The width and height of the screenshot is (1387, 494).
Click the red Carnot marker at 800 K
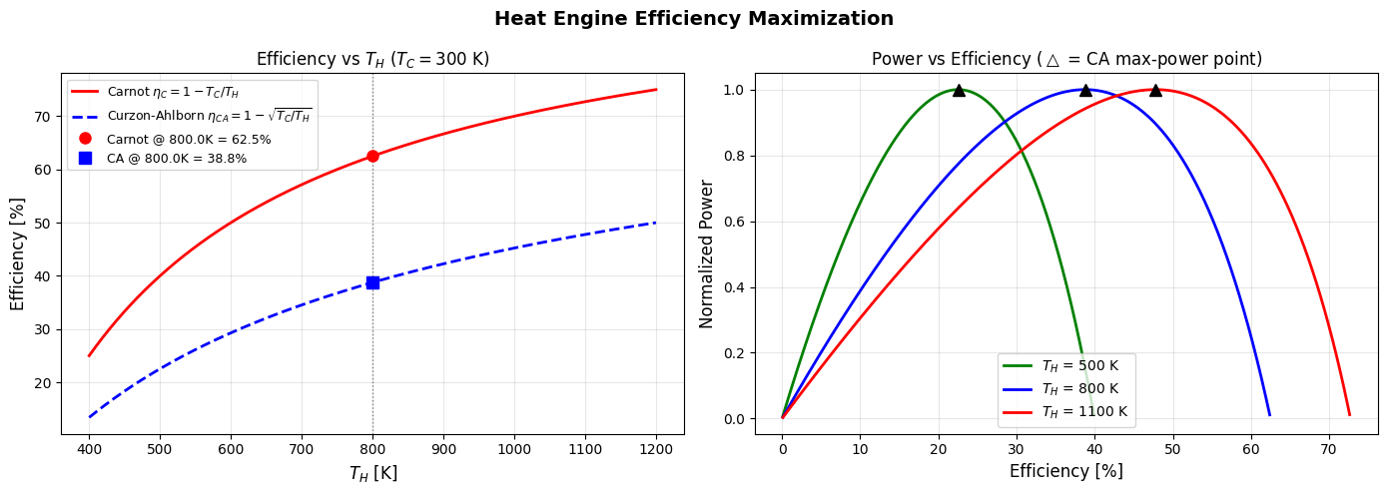click(372, 156)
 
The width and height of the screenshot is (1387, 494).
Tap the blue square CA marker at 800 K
click(372, 282)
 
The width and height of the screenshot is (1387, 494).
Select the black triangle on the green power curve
click(959, 90)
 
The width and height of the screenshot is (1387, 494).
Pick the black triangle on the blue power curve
click(1085, 90)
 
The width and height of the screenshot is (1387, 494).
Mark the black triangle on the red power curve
click(1155, 90)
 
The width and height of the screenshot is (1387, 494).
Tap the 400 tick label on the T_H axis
click(89, 449)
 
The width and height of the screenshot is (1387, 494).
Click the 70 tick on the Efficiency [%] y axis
click(43, 117)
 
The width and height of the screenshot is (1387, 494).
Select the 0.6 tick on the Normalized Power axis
click(734, 222)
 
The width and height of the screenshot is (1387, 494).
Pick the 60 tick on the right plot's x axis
click(1250, 449)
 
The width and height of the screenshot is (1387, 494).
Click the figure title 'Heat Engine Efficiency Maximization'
click(693, 18)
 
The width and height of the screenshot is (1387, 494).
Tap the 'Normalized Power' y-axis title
click(707, 253)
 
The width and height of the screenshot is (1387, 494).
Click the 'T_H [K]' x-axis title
click(372, 473)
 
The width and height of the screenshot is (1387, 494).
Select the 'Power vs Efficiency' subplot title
click(1066, 59)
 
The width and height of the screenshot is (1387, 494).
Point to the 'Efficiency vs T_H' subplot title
click(372, 59)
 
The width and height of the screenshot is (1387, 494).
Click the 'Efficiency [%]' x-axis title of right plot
click(1066, 471)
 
